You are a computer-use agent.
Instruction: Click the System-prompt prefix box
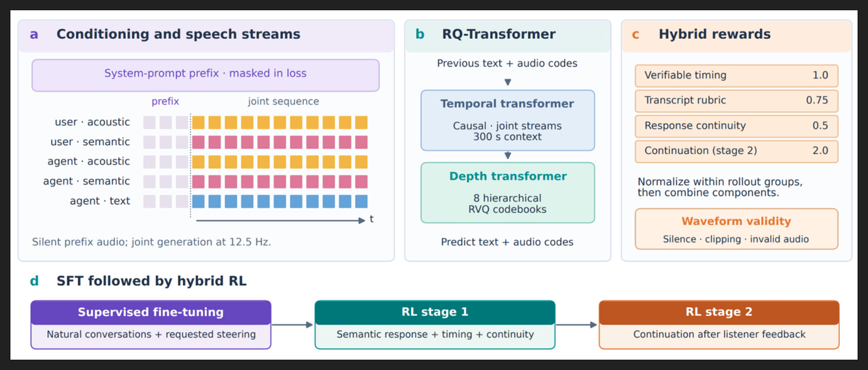pos(205,75)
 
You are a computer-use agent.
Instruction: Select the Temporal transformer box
pos(508,120)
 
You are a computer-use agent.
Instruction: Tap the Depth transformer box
pos(508,192)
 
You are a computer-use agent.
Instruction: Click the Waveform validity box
pos(736,229)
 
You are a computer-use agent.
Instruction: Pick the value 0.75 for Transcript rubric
pos(817,100)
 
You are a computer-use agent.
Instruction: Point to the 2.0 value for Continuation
pos(820,151)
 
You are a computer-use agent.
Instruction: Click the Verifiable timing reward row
pos(736,76)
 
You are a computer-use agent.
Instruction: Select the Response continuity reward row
pos(736,126)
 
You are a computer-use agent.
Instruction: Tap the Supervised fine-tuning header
pos(151,312)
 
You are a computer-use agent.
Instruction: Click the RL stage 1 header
pos(435,312)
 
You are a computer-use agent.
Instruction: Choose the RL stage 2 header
pos(719,312)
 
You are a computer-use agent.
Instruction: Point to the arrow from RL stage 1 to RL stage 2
pos(576,325)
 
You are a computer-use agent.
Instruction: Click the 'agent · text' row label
pos(100,201)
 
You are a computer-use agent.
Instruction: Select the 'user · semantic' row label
pos(90,142)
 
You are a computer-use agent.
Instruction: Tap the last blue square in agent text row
pos(361,201)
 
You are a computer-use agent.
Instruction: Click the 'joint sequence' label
pos(283,101)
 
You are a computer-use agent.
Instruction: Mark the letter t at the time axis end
pos(371,219)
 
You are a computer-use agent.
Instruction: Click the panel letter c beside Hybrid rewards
pos(635,35)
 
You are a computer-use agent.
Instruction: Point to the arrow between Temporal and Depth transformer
pos(508,156)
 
